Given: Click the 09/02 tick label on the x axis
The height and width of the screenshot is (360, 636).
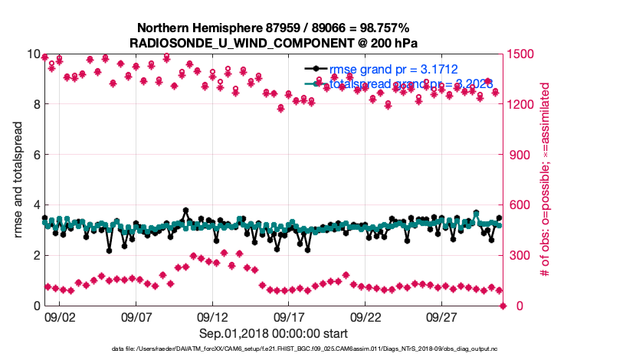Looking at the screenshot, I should pos(59,316).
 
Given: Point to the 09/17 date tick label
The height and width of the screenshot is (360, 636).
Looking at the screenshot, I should pos(290,316).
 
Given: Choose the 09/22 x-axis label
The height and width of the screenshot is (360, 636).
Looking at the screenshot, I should pos(366,316).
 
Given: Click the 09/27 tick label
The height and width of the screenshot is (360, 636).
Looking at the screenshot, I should pos(443,316).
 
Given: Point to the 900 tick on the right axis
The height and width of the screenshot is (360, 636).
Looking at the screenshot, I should pos(518,155).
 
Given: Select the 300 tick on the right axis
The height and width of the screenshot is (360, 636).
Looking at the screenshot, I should pos(518,255).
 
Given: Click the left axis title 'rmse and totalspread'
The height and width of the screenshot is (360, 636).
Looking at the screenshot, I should pos(18,180).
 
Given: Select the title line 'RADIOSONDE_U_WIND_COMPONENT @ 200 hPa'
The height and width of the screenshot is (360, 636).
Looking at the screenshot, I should pos(274,42).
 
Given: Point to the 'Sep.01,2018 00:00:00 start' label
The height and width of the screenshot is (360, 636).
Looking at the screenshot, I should pos(274,333).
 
